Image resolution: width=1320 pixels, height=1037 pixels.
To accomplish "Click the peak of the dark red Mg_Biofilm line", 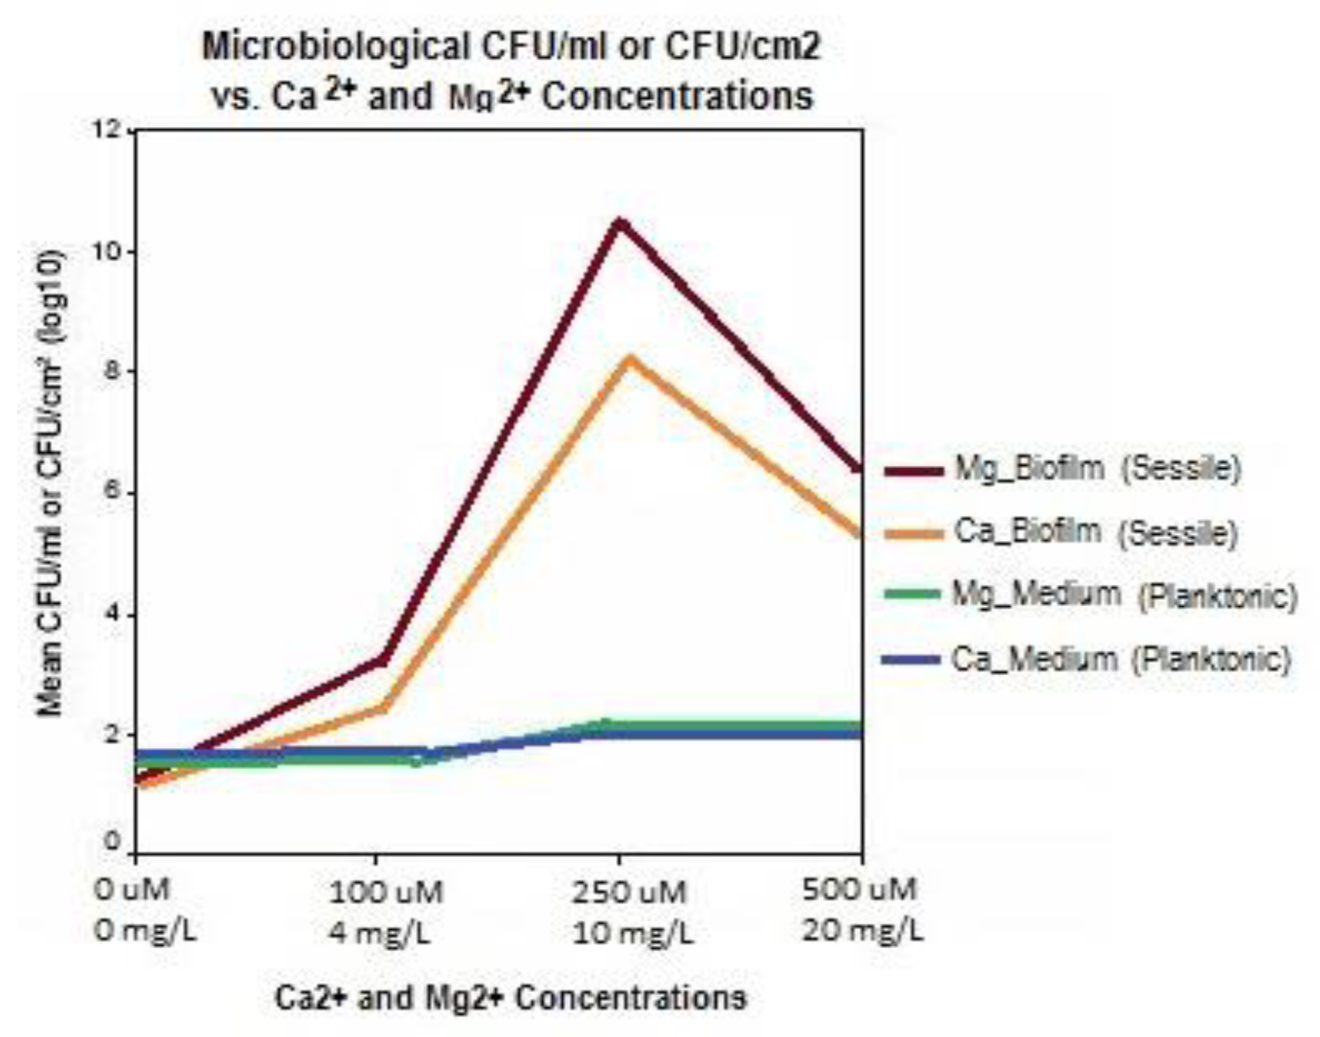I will point(620,224).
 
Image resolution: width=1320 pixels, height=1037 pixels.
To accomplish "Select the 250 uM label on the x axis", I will point(629,893).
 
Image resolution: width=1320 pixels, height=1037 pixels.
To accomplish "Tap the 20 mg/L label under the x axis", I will point(862,931).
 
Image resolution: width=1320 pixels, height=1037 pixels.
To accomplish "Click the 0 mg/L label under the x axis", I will point(145,932).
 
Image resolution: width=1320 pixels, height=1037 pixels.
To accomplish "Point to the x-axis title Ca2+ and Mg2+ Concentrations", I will point(511,999).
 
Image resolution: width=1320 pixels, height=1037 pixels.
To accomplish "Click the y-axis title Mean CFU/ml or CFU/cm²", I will point(50,483).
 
